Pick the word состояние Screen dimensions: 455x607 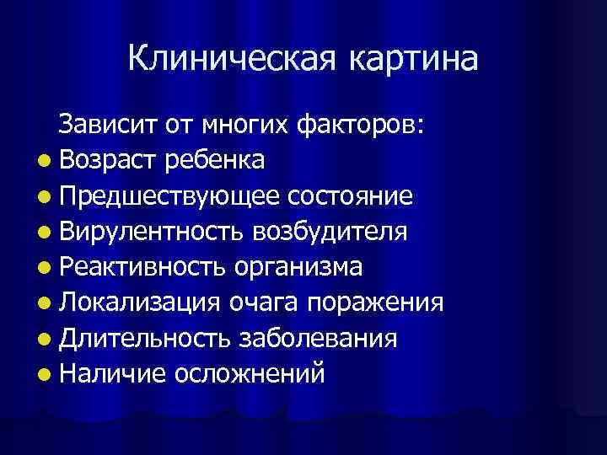tap(350, 196)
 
